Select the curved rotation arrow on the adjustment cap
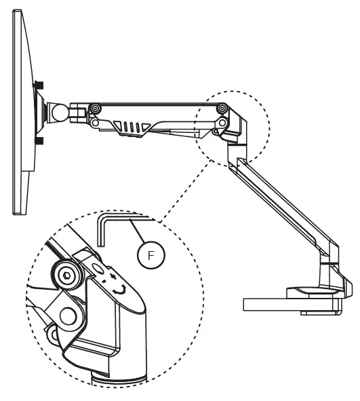[x=121, y=288]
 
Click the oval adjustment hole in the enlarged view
[x=100, y=269]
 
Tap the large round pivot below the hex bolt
[x=68, y=314]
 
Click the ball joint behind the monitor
[x=56, y=109]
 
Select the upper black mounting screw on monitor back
[x=39, y=85]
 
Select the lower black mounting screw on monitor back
[x=39, y=141]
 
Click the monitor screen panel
[x=20, y=112]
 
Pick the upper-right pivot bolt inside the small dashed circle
[x=222, y=109]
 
